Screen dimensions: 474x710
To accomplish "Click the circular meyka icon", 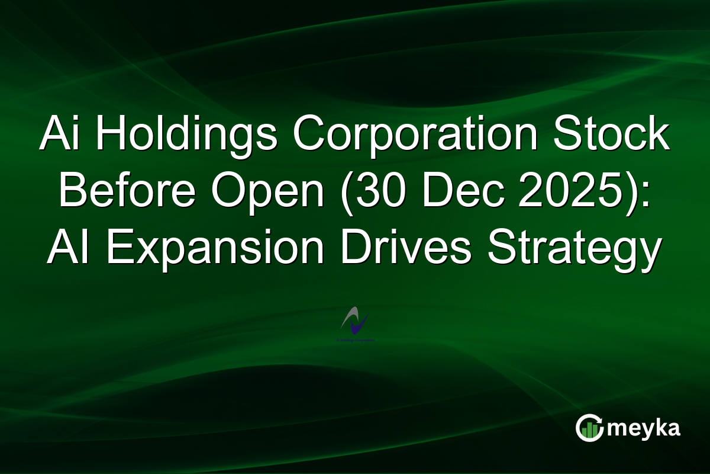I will coord(590,428).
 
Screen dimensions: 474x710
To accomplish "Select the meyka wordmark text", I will coord(645,428).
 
